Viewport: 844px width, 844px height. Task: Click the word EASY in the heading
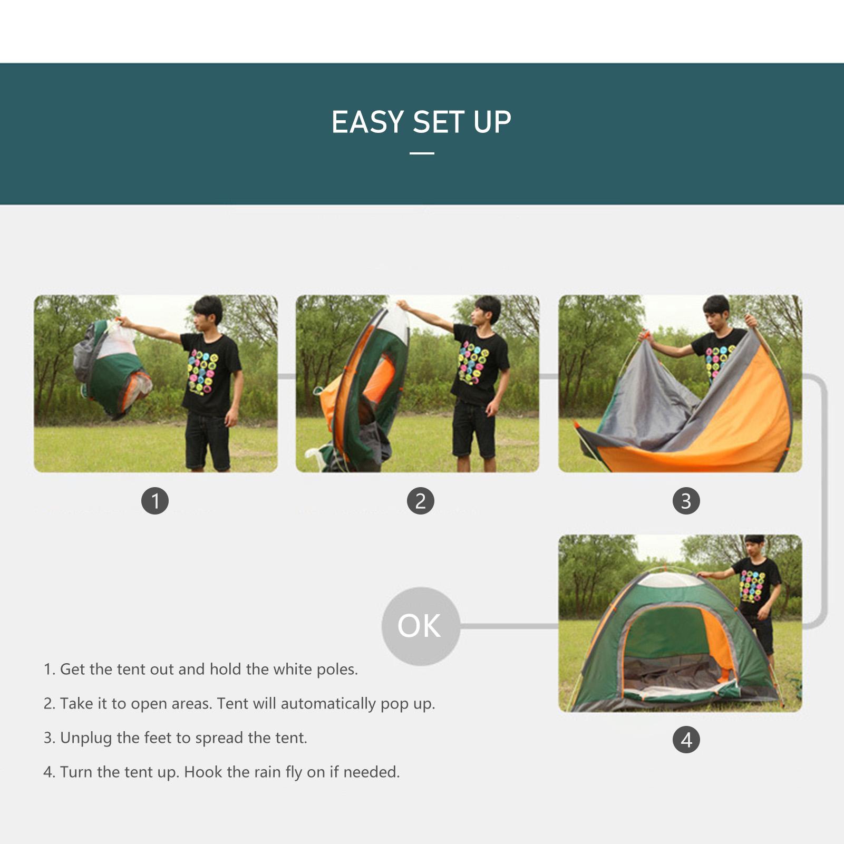(x=367, y=122)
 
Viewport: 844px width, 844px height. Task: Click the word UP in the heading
(x=492, y=122)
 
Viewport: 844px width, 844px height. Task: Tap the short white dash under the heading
(x=422, y=153)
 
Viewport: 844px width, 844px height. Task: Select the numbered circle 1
(x=155, y=501)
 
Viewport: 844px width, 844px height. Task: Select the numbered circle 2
(x=421, y=501)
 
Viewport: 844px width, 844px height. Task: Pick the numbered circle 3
(x=686, y=501)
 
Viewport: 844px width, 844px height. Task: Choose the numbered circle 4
(x=686, y=740)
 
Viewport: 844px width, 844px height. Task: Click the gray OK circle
(x=421, y=626)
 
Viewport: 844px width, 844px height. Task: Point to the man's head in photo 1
(x=208, y=314)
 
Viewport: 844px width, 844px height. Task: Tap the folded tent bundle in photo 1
(x=112, y=367)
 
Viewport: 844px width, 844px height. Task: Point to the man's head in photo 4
(x=754, y=546)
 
